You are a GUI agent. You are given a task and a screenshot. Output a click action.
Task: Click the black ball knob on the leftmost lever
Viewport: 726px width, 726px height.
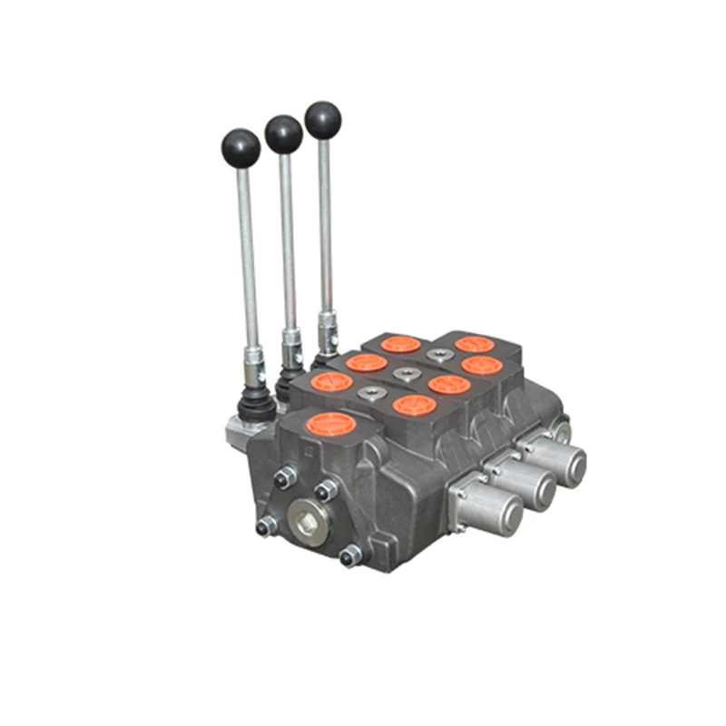point(240,147)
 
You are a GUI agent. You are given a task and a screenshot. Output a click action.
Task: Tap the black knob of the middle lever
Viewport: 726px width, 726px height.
point(283,134)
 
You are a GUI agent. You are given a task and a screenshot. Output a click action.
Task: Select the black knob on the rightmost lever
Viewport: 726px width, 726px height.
point(323,120)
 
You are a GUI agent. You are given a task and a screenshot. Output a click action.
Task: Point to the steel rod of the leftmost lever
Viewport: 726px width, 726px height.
point(246,254)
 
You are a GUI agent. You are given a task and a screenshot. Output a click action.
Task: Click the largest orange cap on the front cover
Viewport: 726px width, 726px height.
point(332,424)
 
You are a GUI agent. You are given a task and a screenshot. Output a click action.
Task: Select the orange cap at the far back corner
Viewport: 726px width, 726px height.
point(474,344)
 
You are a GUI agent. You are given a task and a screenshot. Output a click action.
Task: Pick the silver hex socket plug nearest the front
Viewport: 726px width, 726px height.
point(369,393)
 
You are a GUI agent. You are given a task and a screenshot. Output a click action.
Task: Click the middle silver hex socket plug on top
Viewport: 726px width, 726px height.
point(403,373)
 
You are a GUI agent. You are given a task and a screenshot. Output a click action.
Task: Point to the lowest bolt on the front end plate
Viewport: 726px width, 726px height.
point(349,555)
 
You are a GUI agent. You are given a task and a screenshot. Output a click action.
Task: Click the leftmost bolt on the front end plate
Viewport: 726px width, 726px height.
point(267,525)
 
